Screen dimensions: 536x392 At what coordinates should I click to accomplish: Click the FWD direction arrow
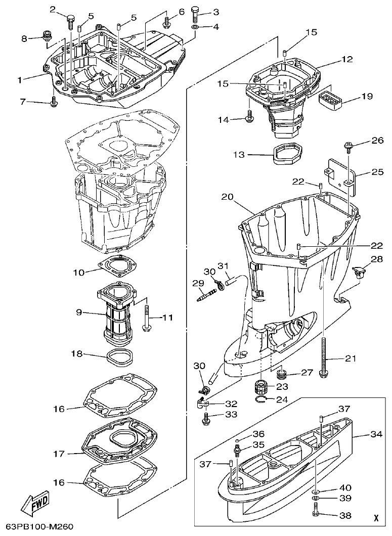(x=35, y=503)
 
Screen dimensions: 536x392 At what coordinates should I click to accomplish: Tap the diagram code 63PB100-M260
(x=37, y=527)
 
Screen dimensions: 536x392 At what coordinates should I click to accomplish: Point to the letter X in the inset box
(x=375, y=518)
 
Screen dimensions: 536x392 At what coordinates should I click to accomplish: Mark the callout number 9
(x=79, y=312)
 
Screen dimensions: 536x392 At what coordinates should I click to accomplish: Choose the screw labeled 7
(x=54, y=103)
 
